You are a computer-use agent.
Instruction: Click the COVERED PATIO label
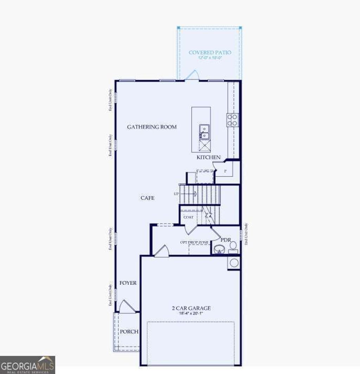click(210, 52)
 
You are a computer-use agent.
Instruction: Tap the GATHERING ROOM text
click(152, 127)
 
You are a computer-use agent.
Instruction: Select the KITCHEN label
click(208, 157)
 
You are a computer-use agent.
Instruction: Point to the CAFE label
click(147, 198)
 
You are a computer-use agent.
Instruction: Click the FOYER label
click(128, 283)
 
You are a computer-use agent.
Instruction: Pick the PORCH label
click(129, 331)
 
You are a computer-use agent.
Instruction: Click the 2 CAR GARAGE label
click(191, 308)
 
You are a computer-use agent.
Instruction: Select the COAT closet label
click(188, 217)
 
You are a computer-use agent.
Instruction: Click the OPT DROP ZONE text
click(194, 242)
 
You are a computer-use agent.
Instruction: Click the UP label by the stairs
click(176, 194)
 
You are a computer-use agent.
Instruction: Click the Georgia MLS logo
click(27, 365)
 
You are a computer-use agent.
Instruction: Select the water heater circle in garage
click(234, 263)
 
